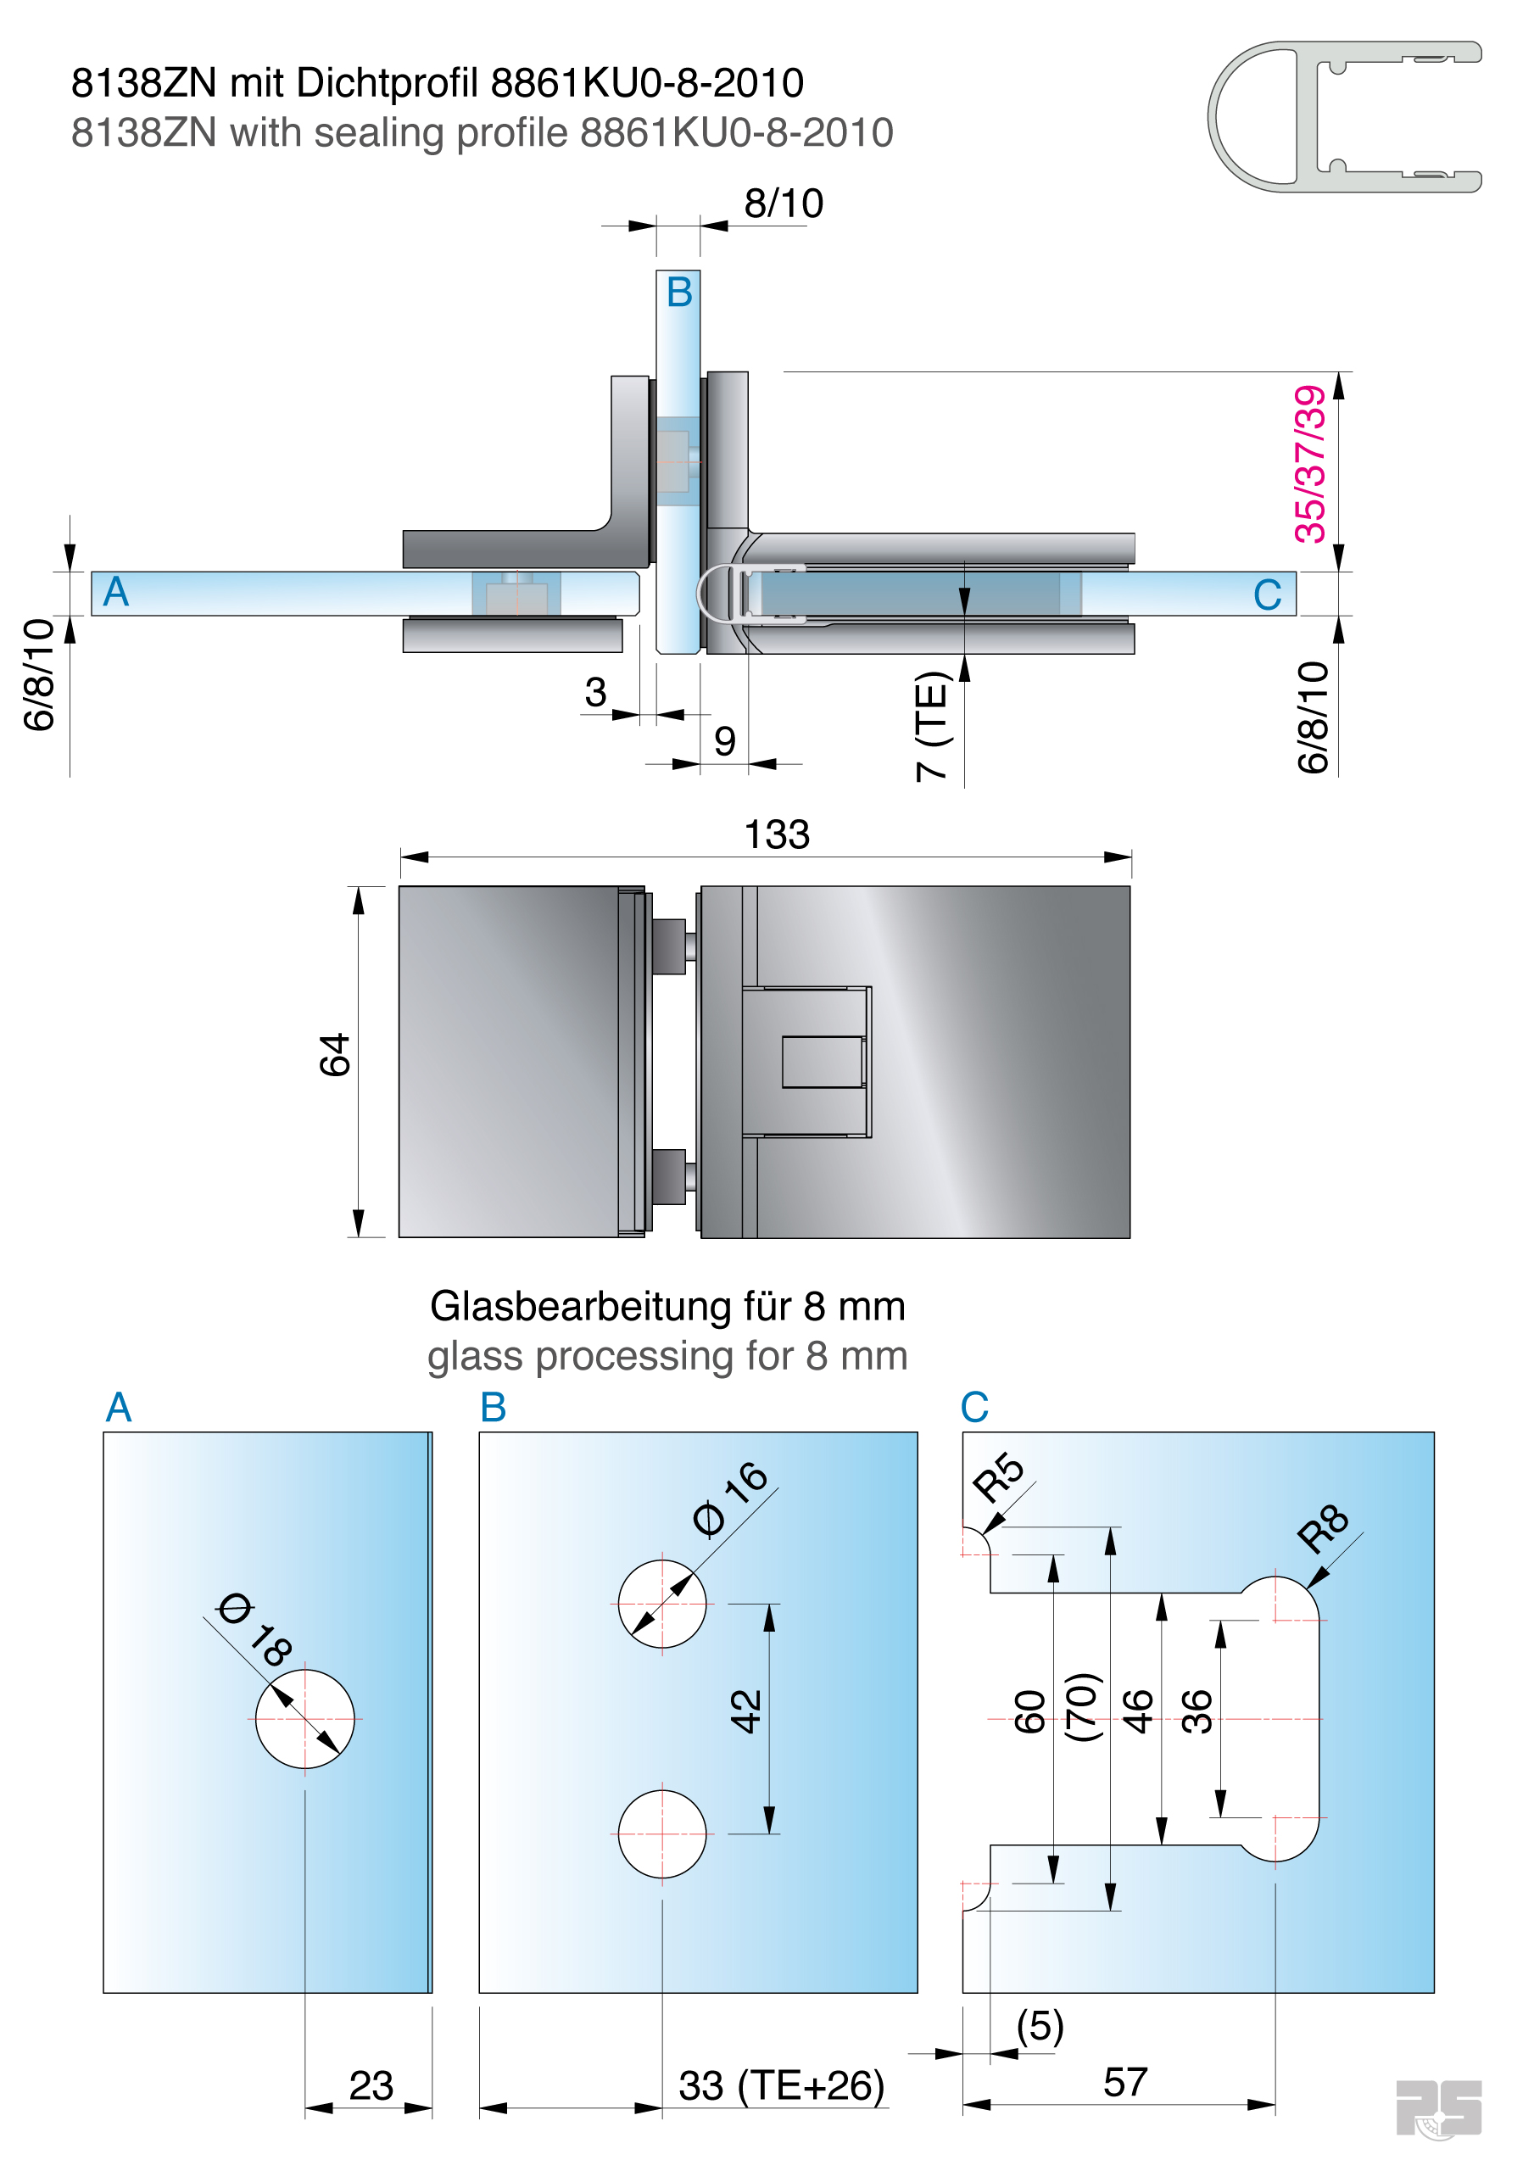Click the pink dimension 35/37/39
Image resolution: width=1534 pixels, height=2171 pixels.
pos(1311,464)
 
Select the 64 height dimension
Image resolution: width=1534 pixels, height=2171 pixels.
pos(335,1055)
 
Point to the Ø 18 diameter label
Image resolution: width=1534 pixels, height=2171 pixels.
pos(254,1629)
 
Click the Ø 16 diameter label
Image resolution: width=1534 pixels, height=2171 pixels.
pos(730,1498)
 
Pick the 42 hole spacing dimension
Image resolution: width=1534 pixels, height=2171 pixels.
pos(745,1711)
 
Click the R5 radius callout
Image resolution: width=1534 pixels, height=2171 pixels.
pos(998,1478)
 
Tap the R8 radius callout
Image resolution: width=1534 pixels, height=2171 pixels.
pos(1321,1528)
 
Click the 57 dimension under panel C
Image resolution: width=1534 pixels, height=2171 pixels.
pos(1124,2083)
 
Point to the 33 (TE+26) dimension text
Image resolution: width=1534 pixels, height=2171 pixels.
pos(781,2086)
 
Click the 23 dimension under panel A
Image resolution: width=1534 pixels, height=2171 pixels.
pos(371,2086)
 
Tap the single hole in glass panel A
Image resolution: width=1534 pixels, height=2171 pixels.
pos(304,1718)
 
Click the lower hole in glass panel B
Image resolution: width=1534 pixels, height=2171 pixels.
pos(662,1833)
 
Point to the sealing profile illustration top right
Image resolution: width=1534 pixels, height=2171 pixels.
pos(1344,116)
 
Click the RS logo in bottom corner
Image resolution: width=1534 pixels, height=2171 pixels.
pos(1438,2107)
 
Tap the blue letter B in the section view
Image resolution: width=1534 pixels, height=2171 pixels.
pos(679,293)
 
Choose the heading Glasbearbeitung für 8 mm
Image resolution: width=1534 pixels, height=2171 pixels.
pos(667,1307)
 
